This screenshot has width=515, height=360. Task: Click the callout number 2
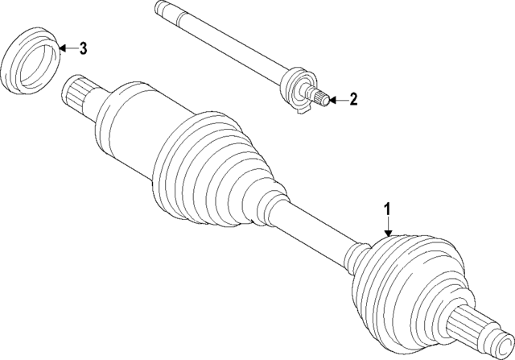(352, 100)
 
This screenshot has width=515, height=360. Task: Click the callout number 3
(84, 48)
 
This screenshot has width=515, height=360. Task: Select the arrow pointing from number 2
(336, 100)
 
